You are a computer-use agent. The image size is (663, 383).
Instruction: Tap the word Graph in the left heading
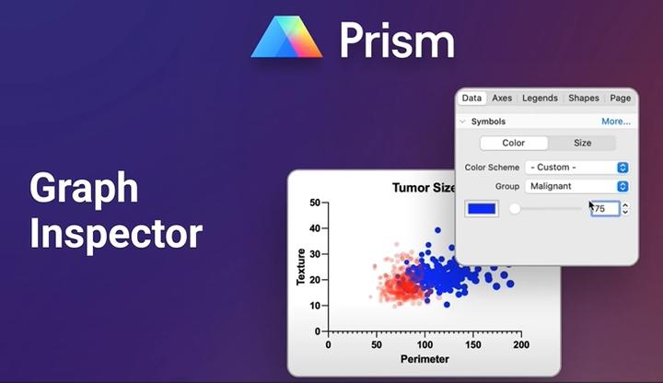[84, 189]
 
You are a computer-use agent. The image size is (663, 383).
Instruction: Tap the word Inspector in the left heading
[116, 233]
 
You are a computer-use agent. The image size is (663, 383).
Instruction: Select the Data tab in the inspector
[471, 98]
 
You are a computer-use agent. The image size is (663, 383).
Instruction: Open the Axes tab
[502, 98]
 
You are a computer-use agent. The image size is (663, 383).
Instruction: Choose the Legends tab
[541, 98]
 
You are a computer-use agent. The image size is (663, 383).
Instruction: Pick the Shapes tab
[584, 98]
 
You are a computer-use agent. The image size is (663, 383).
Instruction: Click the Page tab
[620, 98]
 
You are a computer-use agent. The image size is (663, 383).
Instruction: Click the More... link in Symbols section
[616, 122]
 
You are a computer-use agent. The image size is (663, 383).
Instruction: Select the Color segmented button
[514, 143]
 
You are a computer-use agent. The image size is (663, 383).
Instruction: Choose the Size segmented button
[582, 143]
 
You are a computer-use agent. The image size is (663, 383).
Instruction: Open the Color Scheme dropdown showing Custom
[576, 168]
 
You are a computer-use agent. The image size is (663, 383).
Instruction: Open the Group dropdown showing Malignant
[576, 186]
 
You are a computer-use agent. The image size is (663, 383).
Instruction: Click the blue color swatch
[482, 209]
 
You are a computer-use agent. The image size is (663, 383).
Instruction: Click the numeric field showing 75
[604, 209]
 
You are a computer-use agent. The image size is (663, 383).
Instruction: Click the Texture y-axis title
[300, 266]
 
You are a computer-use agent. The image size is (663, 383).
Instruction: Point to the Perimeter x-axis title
[424, 360]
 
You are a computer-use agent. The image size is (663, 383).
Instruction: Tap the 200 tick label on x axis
[520, 345]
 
